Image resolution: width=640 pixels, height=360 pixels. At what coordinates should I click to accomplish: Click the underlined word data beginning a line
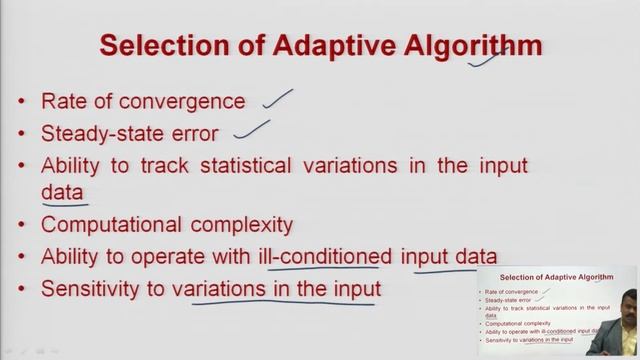pyautogui.click(x=61, y=191)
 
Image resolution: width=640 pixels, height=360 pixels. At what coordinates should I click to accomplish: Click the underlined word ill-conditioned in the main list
pyautogui.click(x=329, y=257)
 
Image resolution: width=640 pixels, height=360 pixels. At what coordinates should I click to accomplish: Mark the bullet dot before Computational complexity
pyautogui.click(x=24, y=225)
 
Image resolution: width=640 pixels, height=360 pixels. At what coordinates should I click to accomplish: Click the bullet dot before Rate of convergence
pyautogui.click(x=24, y=102)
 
